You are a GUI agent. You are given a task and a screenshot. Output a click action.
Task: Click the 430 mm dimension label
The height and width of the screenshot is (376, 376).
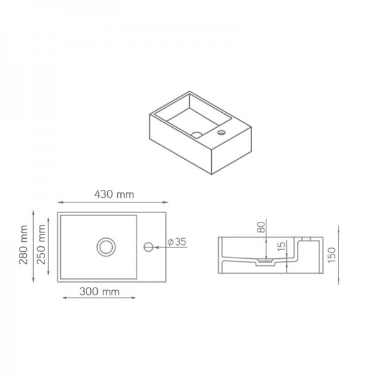tap(113, 194)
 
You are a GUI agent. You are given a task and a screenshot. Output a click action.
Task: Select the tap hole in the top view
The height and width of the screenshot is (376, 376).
tap(148, 246)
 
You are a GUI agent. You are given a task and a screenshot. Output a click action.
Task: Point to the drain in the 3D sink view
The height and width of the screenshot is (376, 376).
tap(196, 134)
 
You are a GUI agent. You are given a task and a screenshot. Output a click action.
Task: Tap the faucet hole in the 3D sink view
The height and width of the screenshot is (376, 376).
tap(221, 133)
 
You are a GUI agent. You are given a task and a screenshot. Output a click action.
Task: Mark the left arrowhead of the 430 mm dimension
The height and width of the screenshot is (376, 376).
tap(60, 202)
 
